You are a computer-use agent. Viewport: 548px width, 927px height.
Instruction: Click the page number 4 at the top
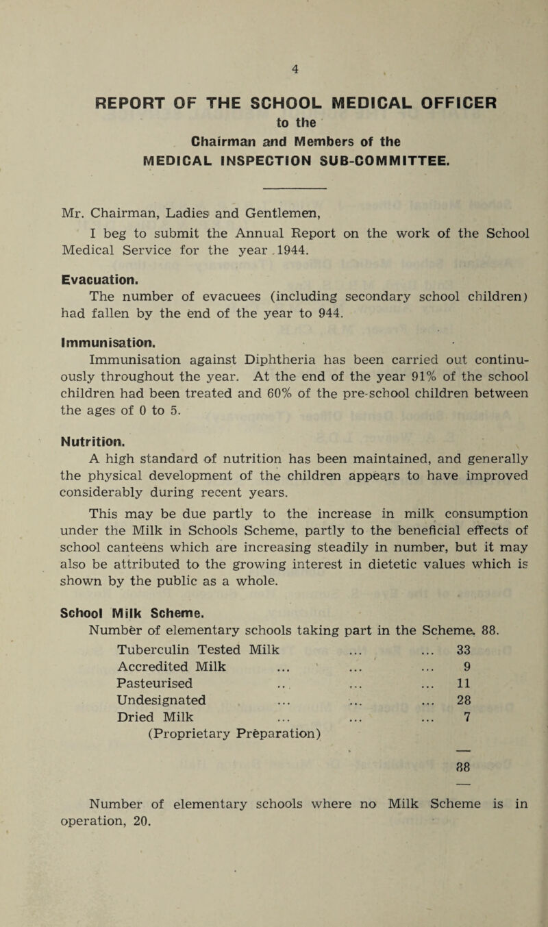pos(273,69)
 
